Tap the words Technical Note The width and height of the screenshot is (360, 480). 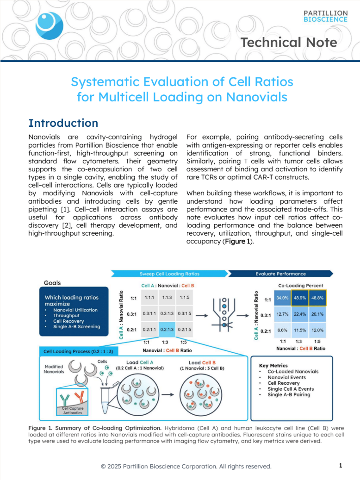[x=289, y=43]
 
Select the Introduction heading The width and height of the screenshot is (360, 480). [x=63, y=123]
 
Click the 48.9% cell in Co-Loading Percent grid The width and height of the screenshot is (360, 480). [x=300, y=298]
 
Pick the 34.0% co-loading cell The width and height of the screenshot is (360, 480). [x=282, y=298]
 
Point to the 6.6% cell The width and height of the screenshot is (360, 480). [x=282, y=330]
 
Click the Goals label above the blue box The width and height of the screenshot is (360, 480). [x=52, y=282]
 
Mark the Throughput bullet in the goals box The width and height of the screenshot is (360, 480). [x=66, y=315]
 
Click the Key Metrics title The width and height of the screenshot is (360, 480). [x=273, y=365]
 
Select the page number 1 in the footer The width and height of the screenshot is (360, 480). [x=340, y=465]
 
